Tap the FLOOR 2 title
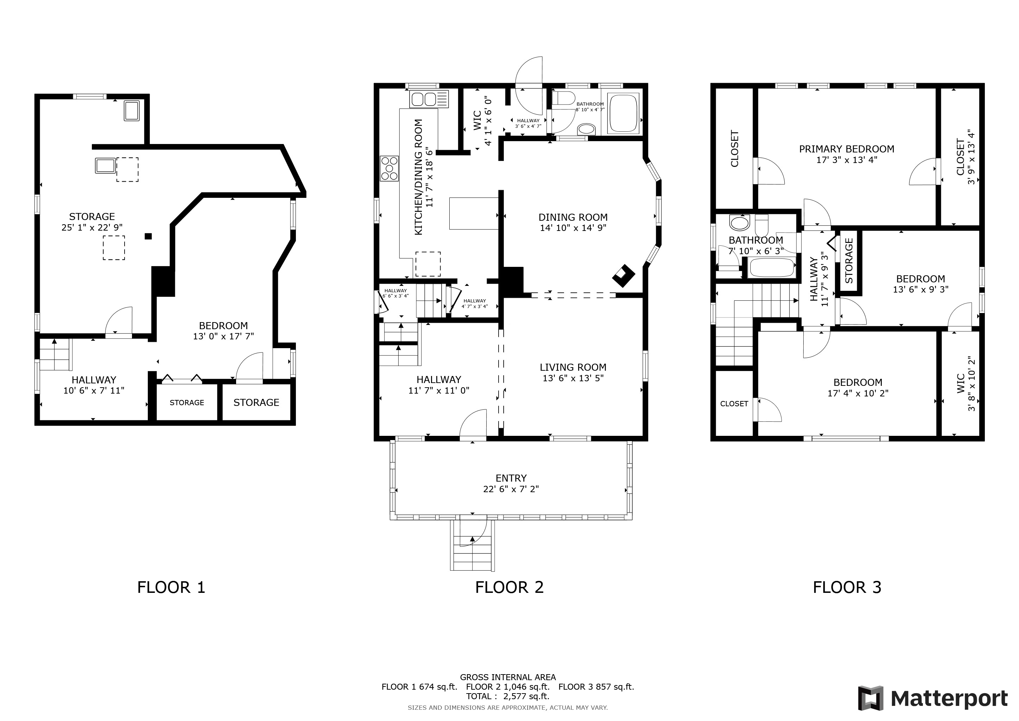point(509,587)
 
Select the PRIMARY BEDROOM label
point(846,149)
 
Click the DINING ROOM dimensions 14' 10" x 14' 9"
point(573,228)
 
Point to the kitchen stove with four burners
point(389,169)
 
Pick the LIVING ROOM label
point(573,367)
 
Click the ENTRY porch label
point(511,478)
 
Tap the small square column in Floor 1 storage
point(148,236)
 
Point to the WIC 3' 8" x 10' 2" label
point(965,384)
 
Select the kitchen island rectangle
point(474,214)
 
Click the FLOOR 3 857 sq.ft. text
point(596,687)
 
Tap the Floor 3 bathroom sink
point(739,223)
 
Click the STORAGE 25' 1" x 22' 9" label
point(92,221)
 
